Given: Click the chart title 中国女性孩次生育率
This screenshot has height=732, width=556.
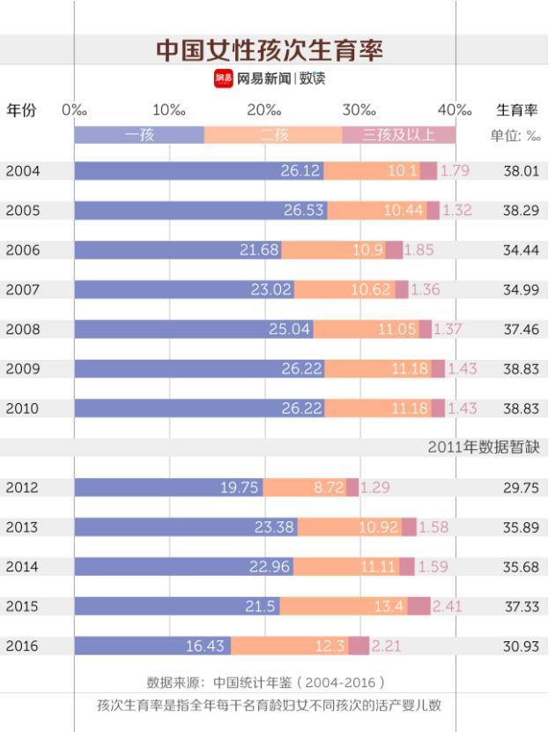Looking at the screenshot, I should (x=270, y=50).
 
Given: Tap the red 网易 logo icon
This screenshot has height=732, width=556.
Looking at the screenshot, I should (x=223, y=78).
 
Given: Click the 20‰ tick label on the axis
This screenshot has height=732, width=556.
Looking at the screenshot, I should (x=263, y=110).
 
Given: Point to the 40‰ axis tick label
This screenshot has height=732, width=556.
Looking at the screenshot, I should (x=454, y=110).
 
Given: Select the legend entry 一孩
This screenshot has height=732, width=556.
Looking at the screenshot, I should (x=139, y=135).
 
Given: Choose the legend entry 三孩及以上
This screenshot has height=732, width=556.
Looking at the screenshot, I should (x=398, y=135).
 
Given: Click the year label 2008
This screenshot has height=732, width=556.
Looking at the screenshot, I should (x=23, y=329).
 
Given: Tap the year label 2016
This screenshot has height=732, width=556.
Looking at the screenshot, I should (x=23, y=646).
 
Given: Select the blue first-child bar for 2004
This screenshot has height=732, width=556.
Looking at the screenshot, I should (x=198, y=171).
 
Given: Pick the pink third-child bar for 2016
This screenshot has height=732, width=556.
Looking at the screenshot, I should (x=359, y=646).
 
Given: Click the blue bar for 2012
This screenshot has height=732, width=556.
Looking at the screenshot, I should (x=168, y=488).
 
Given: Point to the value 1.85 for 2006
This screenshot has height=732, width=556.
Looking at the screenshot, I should (x=419, y=250).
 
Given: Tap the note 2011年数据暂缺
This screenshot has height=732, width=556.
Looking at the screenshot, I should (x=483, y=447).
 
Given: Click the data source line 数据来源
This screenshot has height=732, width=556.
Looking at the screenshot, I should (x=265, y=683).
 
